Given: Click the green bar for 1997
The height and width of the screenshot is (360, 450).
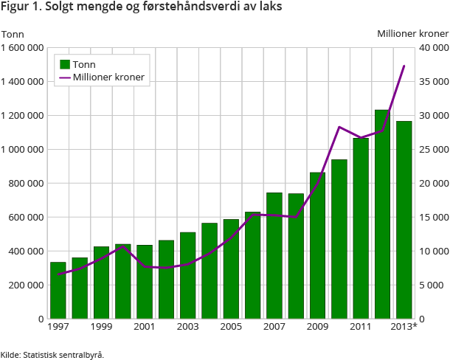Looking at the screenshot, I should pos(58,291).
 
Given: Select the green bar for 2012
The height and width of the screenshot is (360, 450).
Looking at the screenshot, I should pos(382,214).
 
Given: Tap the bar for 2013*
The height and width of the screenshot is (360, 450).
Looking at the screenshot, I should pos(404,220).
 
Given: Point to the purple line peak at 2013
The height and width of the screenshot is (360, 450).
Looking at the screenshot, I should pos(404,66).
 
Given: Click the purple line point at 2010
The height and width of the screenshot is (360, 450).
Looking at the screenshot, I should pos(339,127).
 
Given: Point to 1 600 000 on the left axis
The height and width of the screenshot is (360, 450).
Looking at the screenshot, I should pos(22,47).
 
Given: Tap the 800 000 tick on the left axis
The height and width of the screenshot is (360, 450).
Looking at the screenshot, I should pos(28,183).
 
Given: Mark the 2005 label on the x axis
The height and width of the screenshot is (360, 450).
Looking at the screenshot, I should pos(230,326).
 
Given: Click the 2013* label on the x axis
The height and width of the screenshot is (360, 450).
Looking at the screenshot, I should pos(404,326).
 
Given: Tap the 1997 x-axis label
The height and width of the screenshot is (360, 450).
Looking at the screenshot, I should pos(58,326).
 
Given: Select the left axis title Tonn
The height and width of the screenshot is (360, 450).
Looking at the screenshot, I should pos(13,33).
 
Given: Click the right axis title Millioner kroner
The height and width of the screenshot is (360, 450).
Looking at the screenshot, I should pos(412,33).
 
